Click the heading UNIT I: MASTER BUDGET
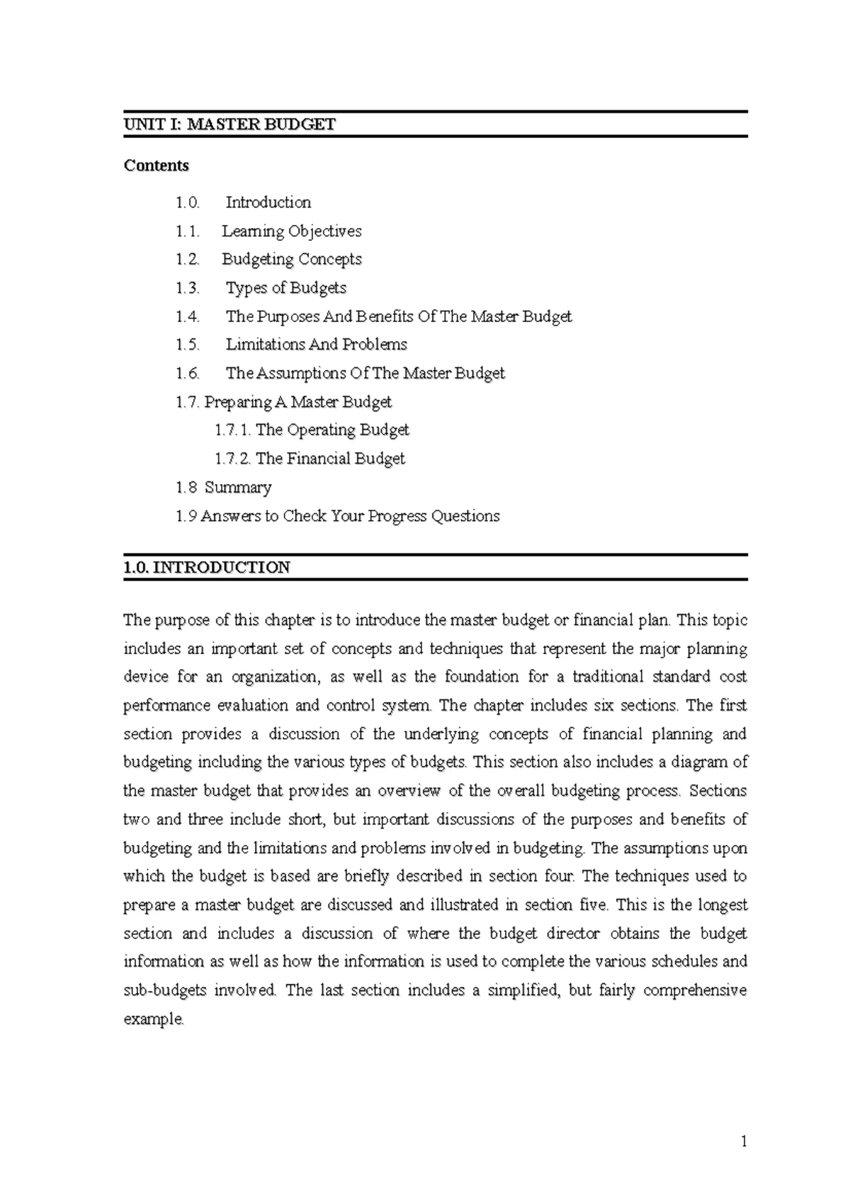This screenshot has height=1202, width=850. point(229,125)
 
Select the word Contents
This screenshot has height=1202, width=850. point(156,166)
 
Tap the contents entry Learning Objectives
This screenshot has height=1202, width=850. point(291,231)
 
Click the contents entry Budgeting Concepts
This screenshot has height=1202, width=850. point(291,260)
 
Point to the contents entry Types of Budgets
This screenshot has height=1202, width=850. point(285,288)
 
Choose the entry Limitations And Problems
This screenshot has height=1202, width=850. point(316,345)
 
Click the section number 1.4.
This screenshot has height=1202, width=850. point(188,316)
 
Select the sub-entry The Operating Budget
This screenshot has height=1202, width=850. point(332,430)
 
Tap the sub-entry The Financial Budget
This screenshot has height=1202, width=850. point(330,459)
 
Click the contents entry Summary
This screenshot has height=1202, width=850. point(238,488)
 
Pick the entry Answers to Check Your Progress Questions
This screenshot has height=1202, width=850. point(350,516)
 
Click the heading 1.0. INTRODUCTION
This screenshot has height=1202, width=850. point(206,568)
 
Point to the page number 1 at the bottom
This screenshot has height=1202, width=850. point(744,1141)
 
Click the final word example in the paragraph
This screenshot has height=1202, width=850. point(153,1019)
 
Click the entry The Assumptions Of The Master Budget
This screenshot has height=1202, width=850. point(365,373)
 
